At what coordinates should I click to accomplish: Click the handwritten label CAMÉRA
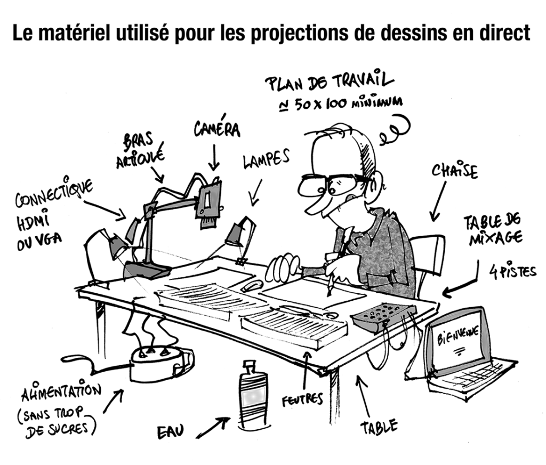(216, 129)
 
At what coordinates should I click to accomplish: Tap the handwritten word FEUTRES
(302, 399)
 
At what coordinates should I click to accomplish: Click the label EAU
(170, 432)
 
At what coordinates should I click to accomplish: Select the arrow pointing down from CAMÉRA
(214, 157)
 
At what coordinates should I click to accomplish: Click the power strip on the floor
(160, 364)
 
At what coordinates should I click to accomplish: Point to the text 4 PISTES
(512, 271)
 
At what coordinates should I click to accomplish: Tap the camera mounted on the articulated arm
(209, 204)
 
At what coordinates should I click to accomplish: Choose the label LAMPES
(266, 159)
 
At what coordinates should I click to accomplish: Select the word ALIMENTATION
(61, 390)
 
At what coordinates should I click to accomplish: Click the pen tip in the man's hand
(328, 296)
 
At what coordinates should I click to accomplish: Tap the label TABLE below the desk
(379, 426)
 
